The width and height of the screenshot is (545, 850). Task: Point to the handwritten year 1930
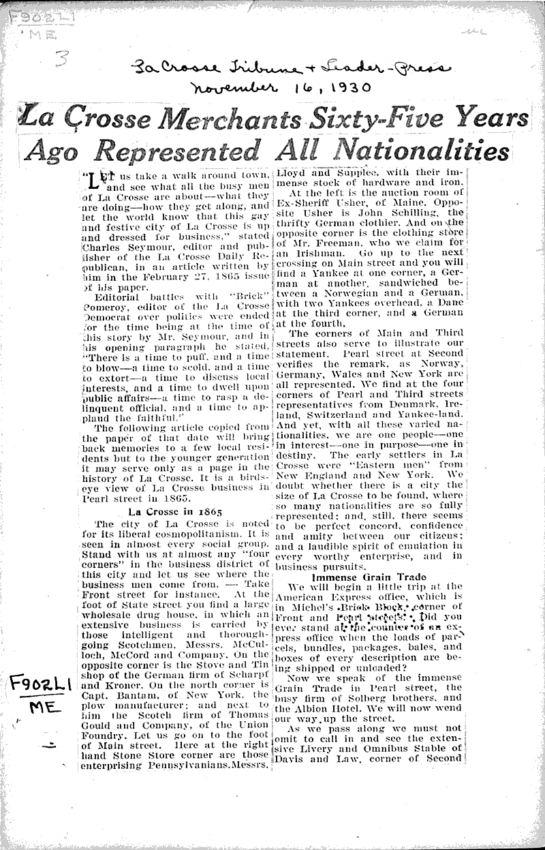(342, 87)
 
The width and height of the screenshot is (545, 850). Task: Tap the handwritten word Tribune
(251, 67)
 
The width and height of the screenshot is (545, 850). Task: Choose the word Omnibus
(365, 748)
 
